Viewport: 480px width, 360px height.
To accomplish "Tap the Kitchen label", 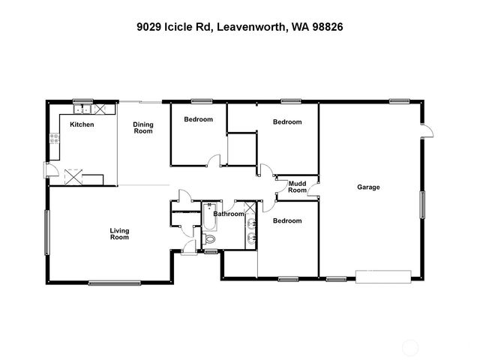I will point(82,124).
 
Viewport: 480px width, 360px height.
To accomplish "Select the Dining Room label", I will point(143,127).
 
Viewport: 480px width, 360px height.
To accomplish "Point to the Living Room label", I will point(119,234).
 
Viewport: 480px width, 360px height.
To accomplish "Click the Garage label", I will point(368,187).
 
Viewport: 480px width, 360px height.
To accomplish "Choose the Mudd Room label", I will point(298,187).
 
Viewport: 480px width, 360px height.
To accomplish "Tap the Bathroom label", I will point(228,214).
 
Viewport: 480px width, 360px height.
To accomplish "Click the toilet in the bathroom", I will point(210,238).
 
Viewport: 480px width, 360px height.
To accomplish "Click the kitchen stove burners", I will point(54,138).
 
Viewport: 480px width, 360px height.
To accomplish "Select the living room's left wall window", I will point(47,232).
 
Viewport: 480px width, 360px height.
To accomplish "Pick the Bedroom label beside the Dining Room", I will point(199,119).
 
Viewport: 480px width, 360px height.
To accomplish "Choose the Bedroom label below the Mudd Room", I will point(287,220).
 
